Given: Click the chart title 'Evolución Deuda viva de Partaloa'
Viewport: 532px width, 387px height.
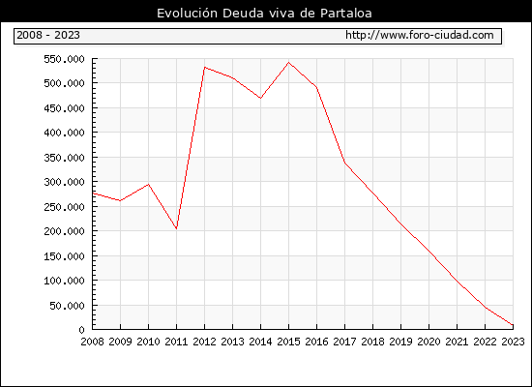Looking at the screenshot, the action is click(x=264, y=14).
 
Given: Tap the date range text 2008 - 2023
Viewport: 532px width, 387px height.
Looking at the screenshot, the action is click(x=48, y=35).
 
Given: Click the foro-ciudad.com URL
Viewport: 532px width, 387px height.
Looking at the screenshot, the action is click(x=420, y=35).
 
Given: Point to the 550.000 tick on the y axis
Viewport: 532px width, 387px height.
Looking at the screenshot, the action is click(x=64, y=59).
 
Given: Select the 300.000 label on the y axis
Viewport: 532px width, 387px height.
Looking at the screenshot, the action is click(x=64, y=182).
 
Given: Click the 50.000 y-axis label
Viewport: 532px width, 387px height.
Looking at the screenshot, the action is click(x=67, y=306).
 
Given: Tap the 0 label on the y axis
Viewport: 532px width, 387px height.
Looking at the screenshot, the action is click(x=81, y=330).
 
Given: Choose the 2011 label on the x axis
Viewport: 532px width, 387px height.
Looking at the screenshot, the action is click(x=176, y=342).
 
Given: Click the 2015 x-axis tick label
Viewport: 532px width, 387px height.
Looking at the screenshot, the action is click(x=289, y=342).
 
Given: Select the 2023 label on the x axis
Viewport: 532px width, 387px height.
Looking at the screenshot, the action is click(x=513, y=342).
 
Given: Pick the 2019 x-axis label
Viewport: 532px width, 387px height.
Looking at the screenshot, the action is click(x=400, y=342).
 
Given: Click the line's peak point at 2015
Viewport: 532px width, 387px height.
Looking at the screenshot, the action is click(x=289, y=63).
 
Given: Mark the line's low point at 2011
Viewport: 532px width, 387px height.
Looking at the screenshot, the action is click(x=176, y=228).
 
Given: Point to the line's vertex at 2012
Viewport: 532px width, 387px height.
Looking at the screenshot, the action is click(x=205, y=67).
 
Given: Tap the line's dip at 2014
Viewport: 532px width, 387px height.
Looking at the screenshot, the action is click(x=260, y=98).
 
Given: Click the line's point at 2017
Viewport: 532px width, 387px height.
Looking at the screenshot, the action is click(x=344, y=163).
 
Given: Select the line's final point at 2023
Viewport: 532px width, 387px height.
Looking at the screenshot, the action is click(x=513, y=325).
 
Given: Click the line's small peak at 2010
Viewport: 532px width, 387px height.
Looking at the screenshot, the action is click(x=149, y=185).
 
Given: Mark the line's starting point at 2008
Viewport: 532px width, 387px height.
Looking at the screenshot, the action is click(x=93, y=193).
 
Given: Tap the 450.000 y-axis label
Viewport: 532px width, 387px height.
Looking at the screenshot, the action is click(x=64, y=108).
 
